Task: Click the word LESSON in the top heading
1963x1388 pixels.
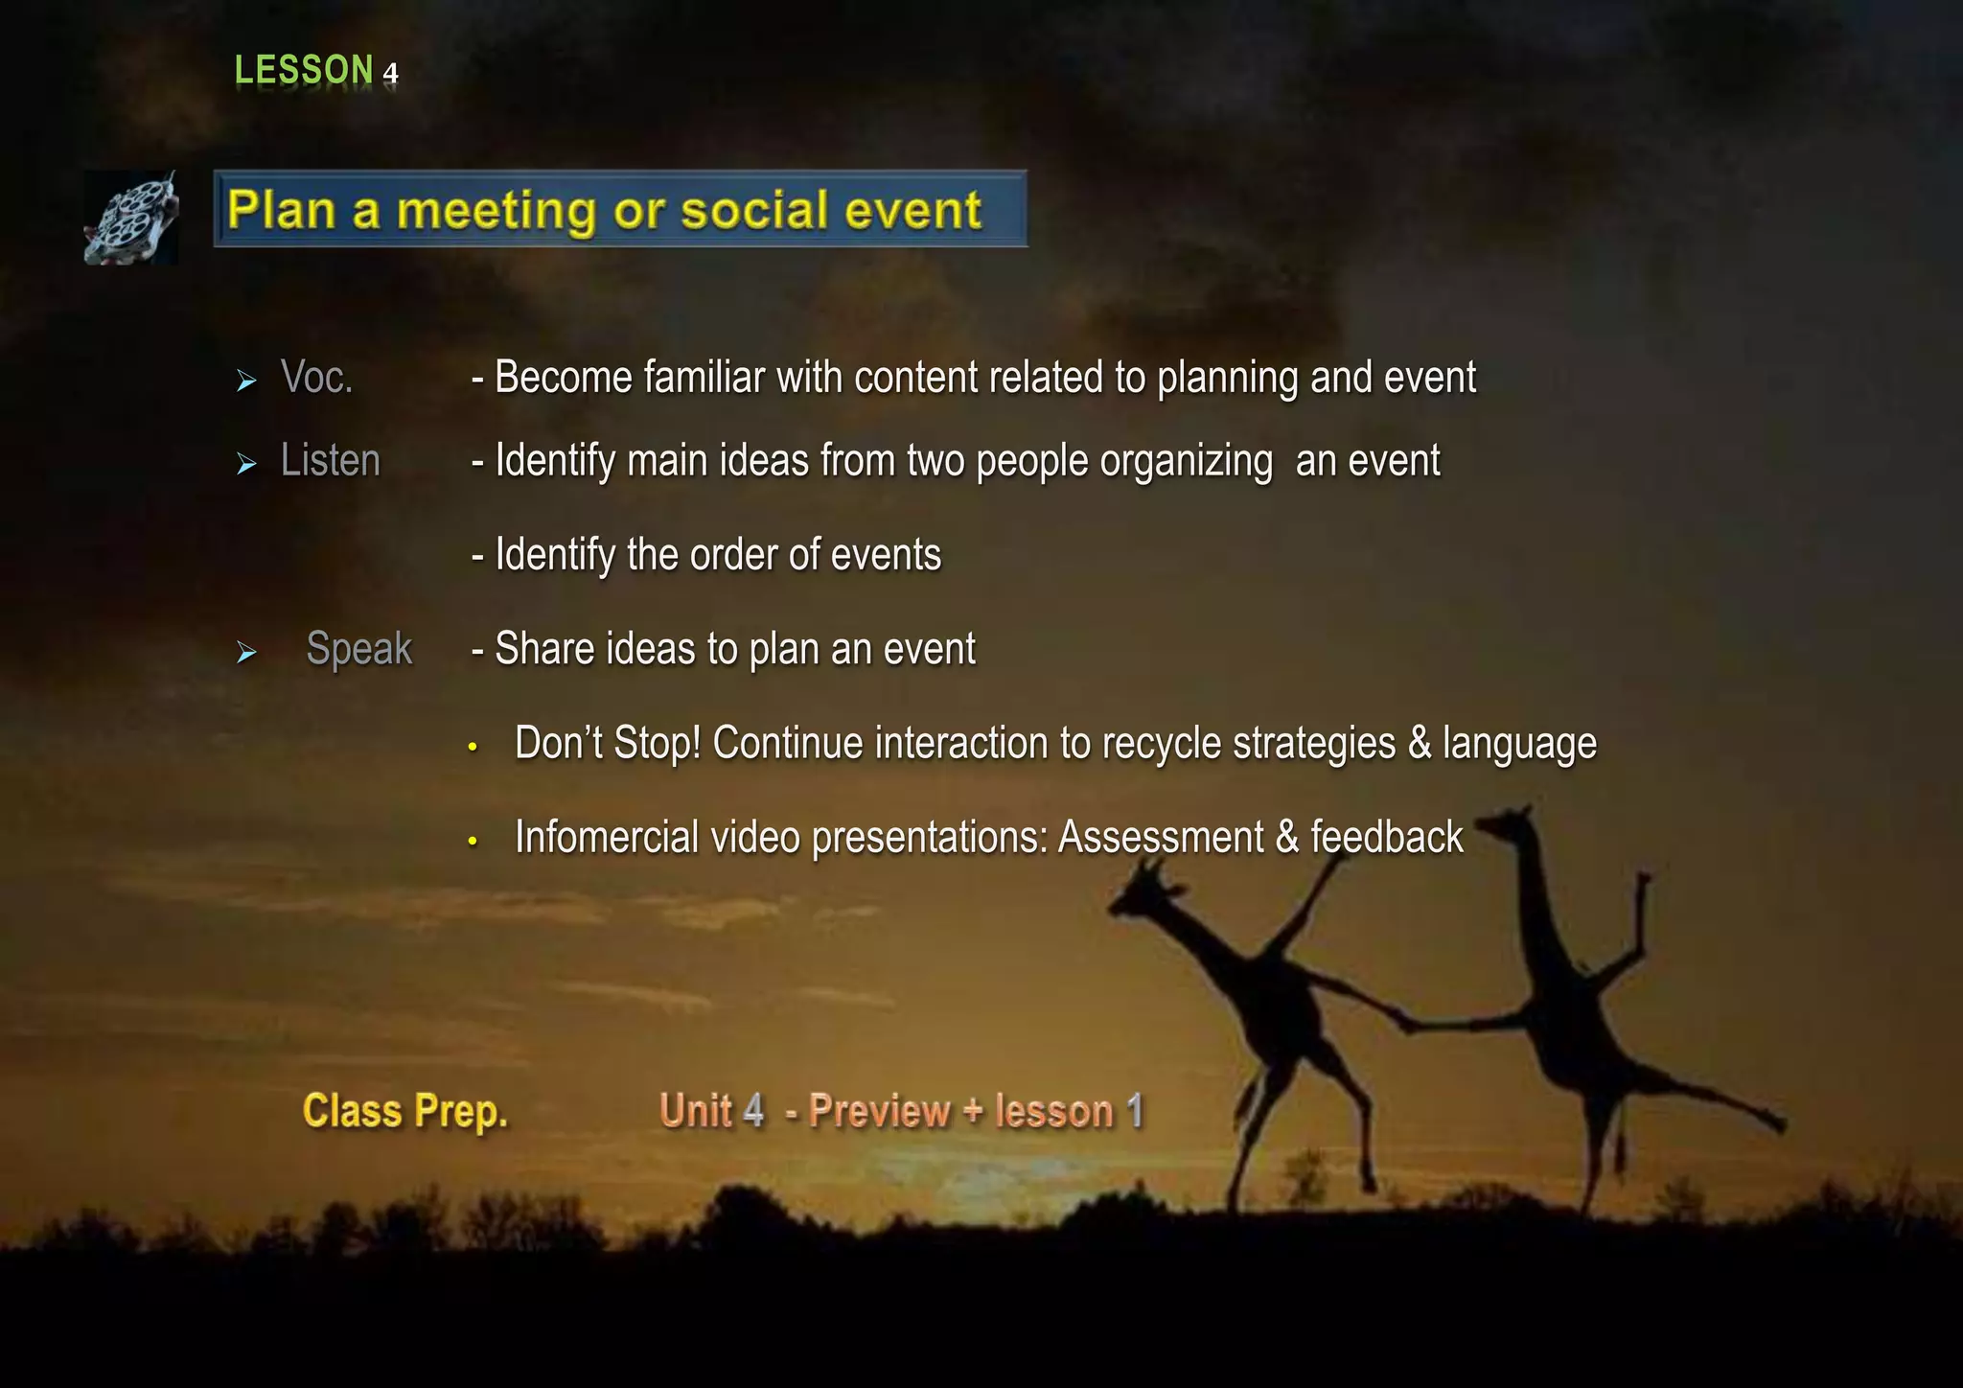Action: tap(303, 70)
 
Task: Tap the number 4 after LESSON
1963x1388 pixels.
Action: tap(390, 74)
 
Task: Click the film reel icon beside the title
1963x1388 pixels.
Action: tap(131, 218)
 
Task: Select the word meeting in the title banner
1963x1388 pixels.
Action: tap(496, 210)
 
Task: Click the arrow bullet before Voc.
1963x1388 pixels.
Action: tap(246, 382)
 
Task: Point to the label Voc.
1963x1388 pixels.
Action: tap(316, 378)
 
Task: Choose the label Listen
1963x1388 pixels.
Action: tap(330, 461)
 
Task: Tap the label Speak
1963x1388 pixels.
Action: tap(358, 649)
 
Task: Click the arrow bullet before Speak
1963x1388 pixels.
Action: tap(246, 654)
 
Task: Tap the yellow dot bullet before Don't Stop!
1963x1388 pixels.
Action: tap(473, 747)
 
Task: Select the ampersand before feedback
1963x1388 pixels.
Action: tap(1286, 837)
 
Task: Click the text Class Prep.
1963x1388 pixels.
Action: tap(404, 1112)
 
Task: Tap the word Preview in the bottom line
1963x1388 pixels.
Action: tap(879, 1112)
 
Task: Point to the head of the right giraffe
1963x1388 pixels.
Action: tap(1505, 822)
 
